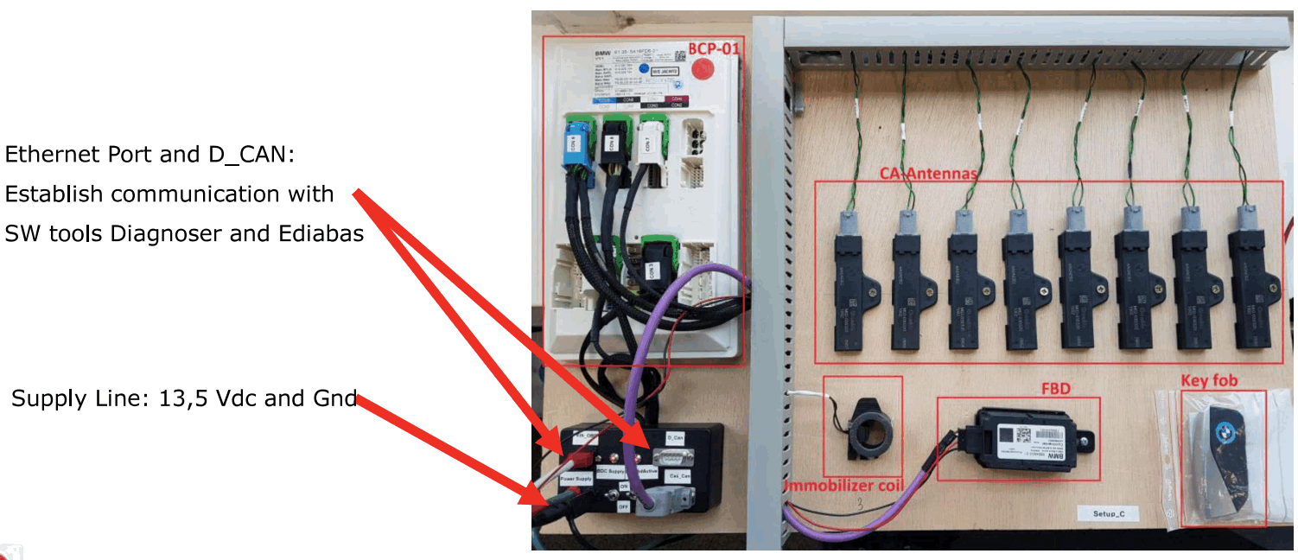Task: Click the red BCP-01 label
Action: (714, 48)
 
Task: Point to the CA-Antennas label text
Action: (928, 174)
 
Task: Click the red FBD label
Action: (1055, 389)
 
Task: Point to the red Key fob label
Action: (1209, 380)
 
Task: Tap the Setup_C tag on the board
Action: (1110, 514)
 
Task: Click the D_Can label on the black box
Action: (675, 438)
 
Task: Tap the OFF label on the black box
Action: (623, 507)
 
